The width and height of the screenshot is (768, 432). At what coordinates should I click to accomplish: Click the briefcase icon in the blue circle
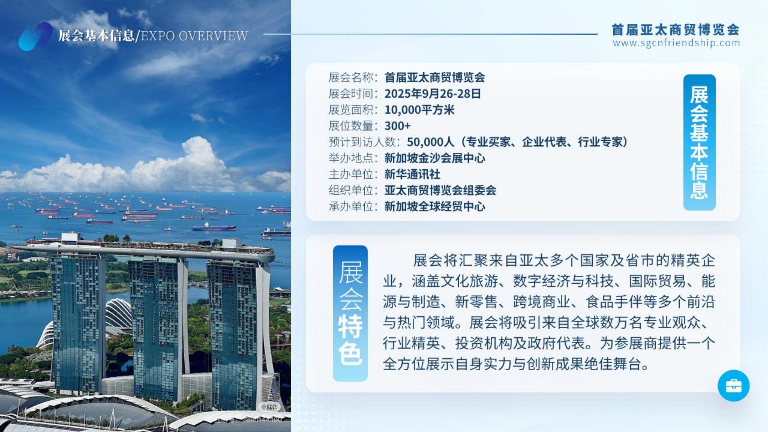[733, 386]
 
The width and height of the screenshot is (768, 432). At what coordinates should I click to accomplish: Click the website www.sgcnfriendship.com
[676, 43]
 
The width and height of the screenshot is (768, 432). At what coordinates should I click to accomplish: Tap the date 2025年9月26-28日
[433, 94]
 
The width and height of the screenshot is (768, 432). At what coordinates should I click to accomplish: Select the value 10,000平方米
[420, 110]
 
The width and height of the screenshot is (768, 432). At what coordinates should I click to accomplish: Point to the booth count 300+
[397, 126]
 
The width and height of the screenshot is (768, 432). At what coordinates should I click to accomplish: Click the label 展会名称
[351, 77]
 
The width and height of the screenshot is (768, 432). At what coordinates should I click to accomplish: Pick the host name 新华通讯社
[412, 174]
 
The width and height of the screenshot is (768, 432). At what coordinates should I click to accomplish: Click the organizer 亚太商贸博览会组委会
[440, 190]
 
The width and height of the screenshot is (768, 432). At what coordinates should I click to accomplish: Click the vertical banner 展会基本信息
[699, 142]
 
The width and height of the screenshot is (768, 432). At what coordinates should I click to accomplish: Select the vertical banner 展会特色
[350, 313]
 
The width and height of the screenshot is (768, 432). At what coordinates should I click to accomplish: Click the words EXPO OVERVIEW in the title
[194, 36]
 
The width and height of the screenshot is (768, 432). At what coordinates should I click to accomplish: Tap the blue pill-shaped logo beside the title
[35, 36]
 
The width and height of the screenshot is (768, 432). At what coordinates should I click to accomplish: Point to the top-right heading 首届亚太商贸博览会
[676, 30]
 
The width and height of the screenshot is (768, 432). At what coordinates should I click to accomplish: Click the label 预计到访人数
[362, 142]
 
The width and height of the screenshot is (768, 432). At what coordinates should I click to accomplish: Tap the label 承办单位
[351, 206]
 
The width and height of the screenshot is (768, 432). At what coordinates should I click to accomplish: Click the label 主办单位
[351, 174]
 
